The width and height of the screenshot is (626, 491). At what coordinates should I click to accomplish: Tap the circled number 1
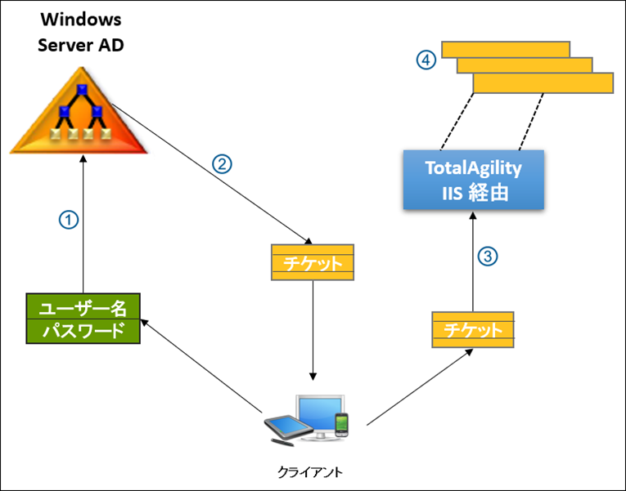(70, 221)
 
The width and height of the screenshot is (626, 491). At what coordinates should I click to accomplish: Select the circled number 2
(223, 163)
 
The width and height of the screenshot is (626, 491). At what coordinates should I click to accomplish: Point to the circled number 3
(487, 257)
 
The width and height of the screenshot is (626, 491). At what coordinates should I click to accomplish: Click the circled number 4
(424, 60)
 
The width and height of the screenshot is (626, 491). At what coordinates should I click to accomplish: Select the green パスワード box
(82, 331)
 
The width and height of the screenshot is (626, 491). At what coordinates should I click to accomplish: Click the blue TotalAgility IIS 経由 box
(473, 181)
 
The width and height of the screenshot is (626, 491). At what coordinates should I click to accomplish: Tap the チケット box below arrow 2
(313, 263)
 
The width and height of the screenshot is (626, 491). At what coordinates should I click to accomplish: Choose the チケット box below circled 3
(472, 330)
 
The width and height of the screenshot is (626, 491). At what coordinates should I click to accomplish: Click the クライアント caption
(310, 471)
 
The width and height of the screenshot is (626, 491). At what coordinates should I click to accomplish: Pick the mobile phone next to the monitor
(342, 425)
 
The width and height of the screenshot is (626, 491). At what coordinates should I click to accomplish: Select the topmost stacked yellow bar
(505, 49)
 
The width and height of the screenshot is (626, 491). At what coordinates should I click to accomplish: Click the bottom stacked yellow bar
(543, 83)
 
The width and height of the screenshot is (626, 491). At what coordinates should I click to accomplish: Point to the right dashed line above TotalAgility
(531, 121)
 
